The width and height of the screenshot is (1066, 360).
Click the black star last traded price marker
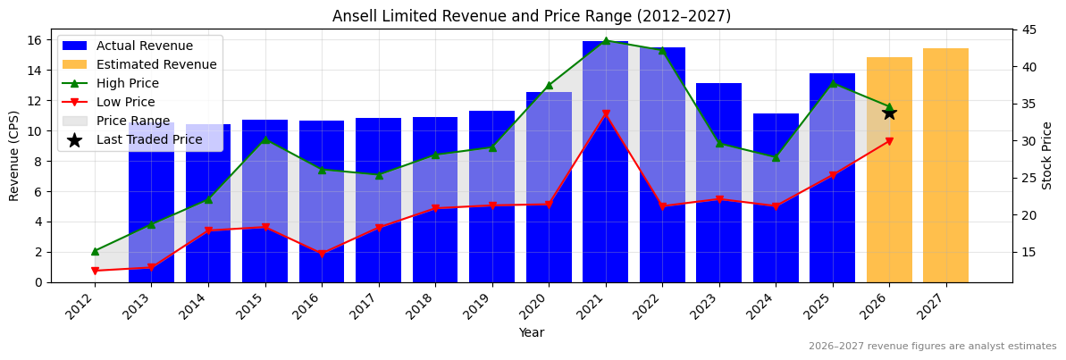[x=889, y=113]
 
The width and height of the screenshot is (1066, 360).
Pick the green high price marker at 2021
[x=605, y=41]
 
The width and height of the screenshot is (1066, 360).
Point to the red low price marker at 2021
[x=605, y=114]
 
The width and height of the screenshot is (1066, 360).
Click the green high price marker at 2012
[x=95, y=251]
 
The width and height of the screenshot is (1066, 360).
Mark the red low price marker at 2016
[x=322, y=254]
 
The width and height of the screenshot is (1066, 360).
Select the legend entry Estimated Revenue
[x=156, y=64]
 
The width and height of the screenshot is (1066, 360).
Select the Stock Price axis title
[x=1047, y=155]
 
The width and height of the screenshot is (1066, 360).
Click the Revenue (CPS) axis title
[x=14, y=155]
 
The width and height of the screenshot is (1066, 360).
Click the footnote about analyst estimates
[x=932, y=347]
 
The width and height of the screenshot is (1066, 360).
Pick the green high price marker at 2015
[x=265, y=139]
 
